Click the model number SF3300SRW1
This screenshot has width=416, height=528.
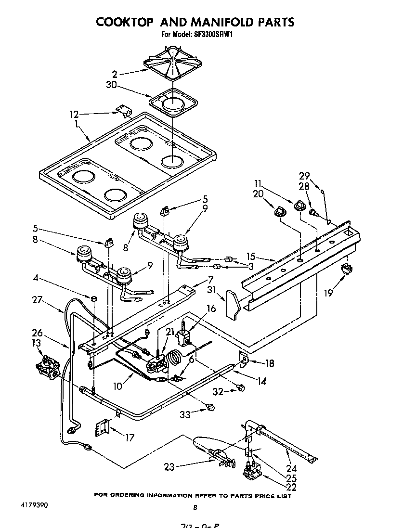(x=210, y=35)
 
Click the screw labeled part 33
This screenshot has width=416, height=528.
(x=209, y=408)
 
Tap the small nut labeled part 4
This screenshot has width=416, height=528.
(x=94, y=298)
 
